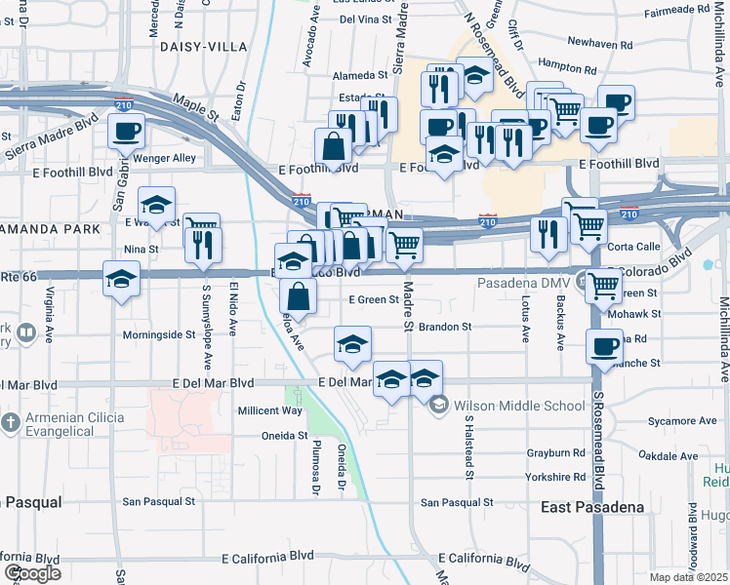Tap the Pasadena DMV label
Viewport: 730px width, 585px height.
click(x=522, y=283)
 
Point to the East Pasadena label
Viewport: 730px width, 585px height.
click(x=592, y=508)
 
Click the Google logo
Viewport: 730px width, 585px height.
click(x=32, y=573)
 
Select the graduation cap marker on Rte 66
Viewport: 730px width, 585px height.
click(x=121, y=279)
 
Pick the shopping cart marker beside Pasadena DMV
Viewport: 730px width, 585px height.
click(x=605, y=285)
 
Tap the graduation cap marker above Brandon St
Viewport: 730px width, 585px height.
click(x=353, y=342)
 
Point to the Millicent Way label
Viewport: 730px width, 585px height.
click(x=270, y=410)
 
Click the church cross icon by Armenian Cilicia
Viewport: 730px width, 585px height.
click(x=10, y=423)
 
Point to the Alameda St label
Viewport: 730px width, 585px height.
click(x=361, y=75)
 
